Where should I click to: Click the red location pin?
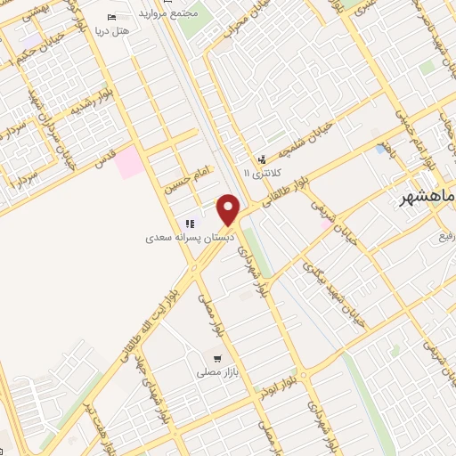(230, 208)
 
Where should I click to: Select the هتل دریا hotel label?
(118, 30)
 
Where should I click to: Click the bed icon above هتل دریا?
(111, 18)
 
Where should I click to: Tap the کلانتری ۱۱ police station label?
(262, 172)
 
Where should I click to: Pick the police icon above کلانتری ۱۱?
(262, 158)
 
